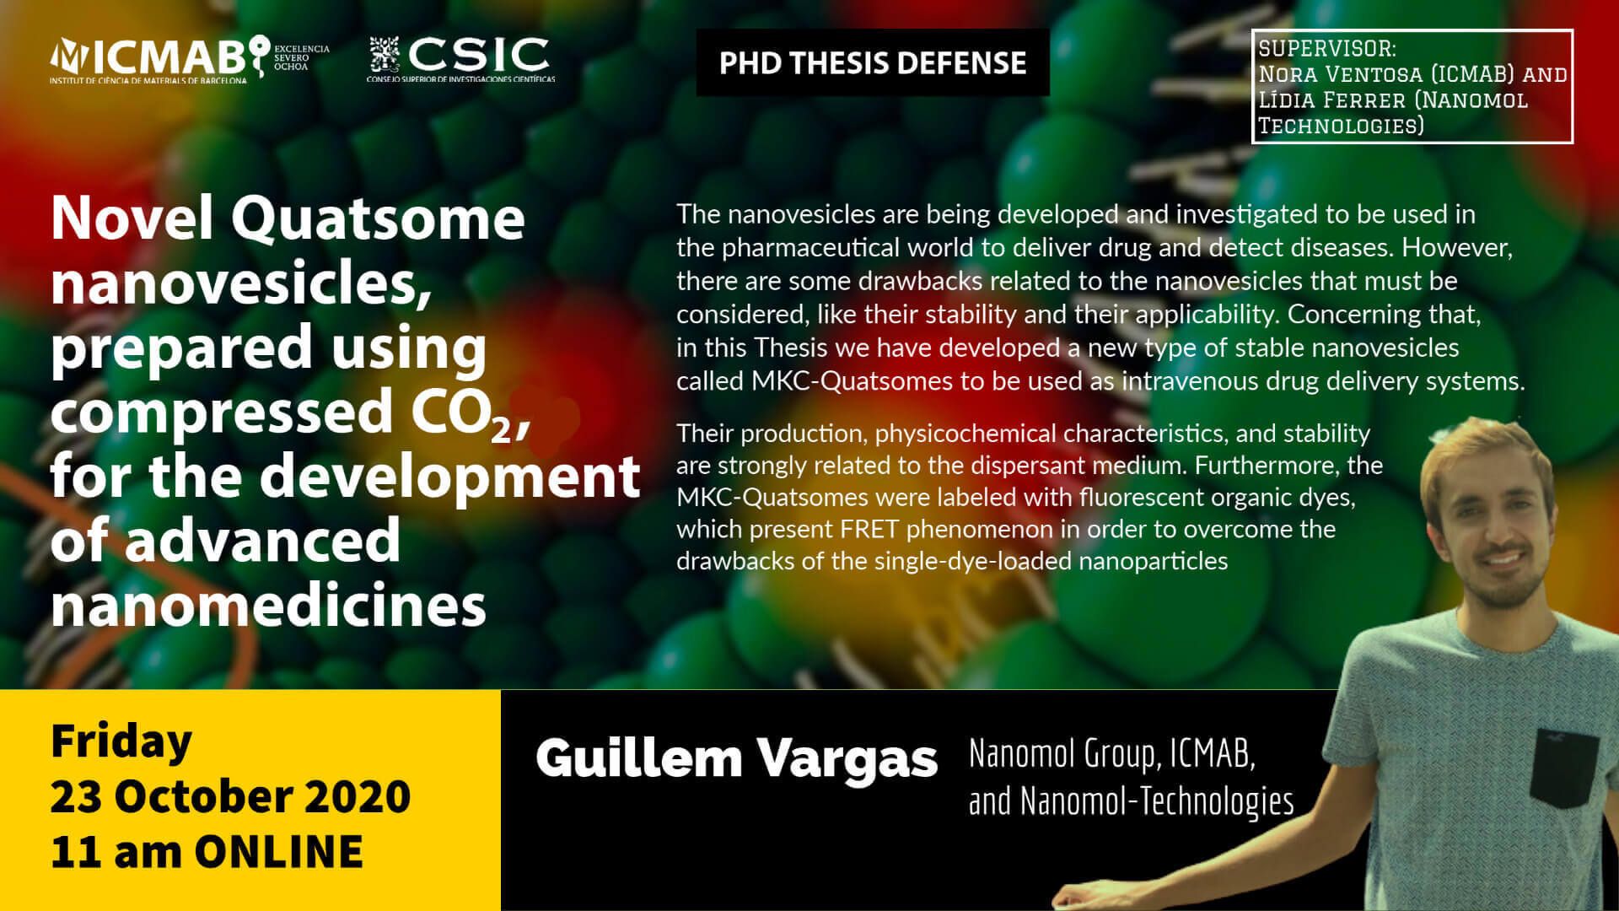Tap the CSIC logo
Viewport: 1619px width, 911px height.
461,59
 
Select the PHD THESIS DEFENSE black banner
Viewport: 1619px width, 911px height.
873,62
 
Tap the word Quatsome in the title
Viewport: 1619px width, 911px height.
378,219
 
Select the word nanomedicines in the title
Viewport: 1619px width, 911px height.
269,605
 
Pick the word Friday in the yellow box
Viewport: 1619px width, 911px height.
121,741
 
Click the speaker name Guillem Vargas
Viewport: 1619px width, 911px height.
736,757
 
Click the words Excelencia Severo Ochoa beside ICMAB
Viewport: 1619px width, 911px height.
301,57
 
